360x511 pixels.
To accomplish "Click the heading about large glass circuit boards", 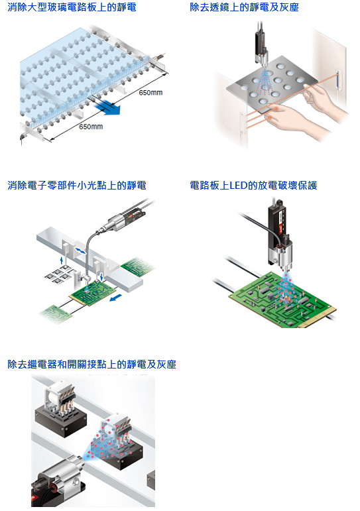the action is (x=72, y=7).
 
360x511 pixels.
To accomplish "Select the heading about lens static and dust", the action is (x=244, y=7).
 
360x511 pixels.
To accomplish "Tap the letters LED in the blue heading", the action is (x=239, y=186).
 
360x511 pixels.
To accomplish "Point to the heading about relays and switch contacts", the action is (x=91, y=364).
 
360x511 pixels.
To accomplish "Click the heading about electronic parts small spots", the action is (x=77, y=186).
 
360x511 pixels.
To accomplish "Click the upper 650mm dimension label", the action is (x=150, y=93).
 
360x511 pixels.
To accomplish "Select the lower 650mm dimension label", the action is (x=91, y=127).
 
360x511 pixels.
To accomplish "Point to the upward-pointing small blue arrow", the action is (x=61, y=260).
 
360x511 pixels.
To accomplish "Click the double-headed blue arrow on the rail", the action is (x=80, y=251).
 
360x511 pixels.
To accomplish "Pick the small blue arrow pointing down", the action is (x=101, y=276).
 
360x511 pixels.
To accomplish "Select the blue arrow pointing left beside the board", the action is (x=116, y=297).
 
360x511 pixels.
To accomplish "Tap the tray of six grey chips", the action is (x=60, y=273).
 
